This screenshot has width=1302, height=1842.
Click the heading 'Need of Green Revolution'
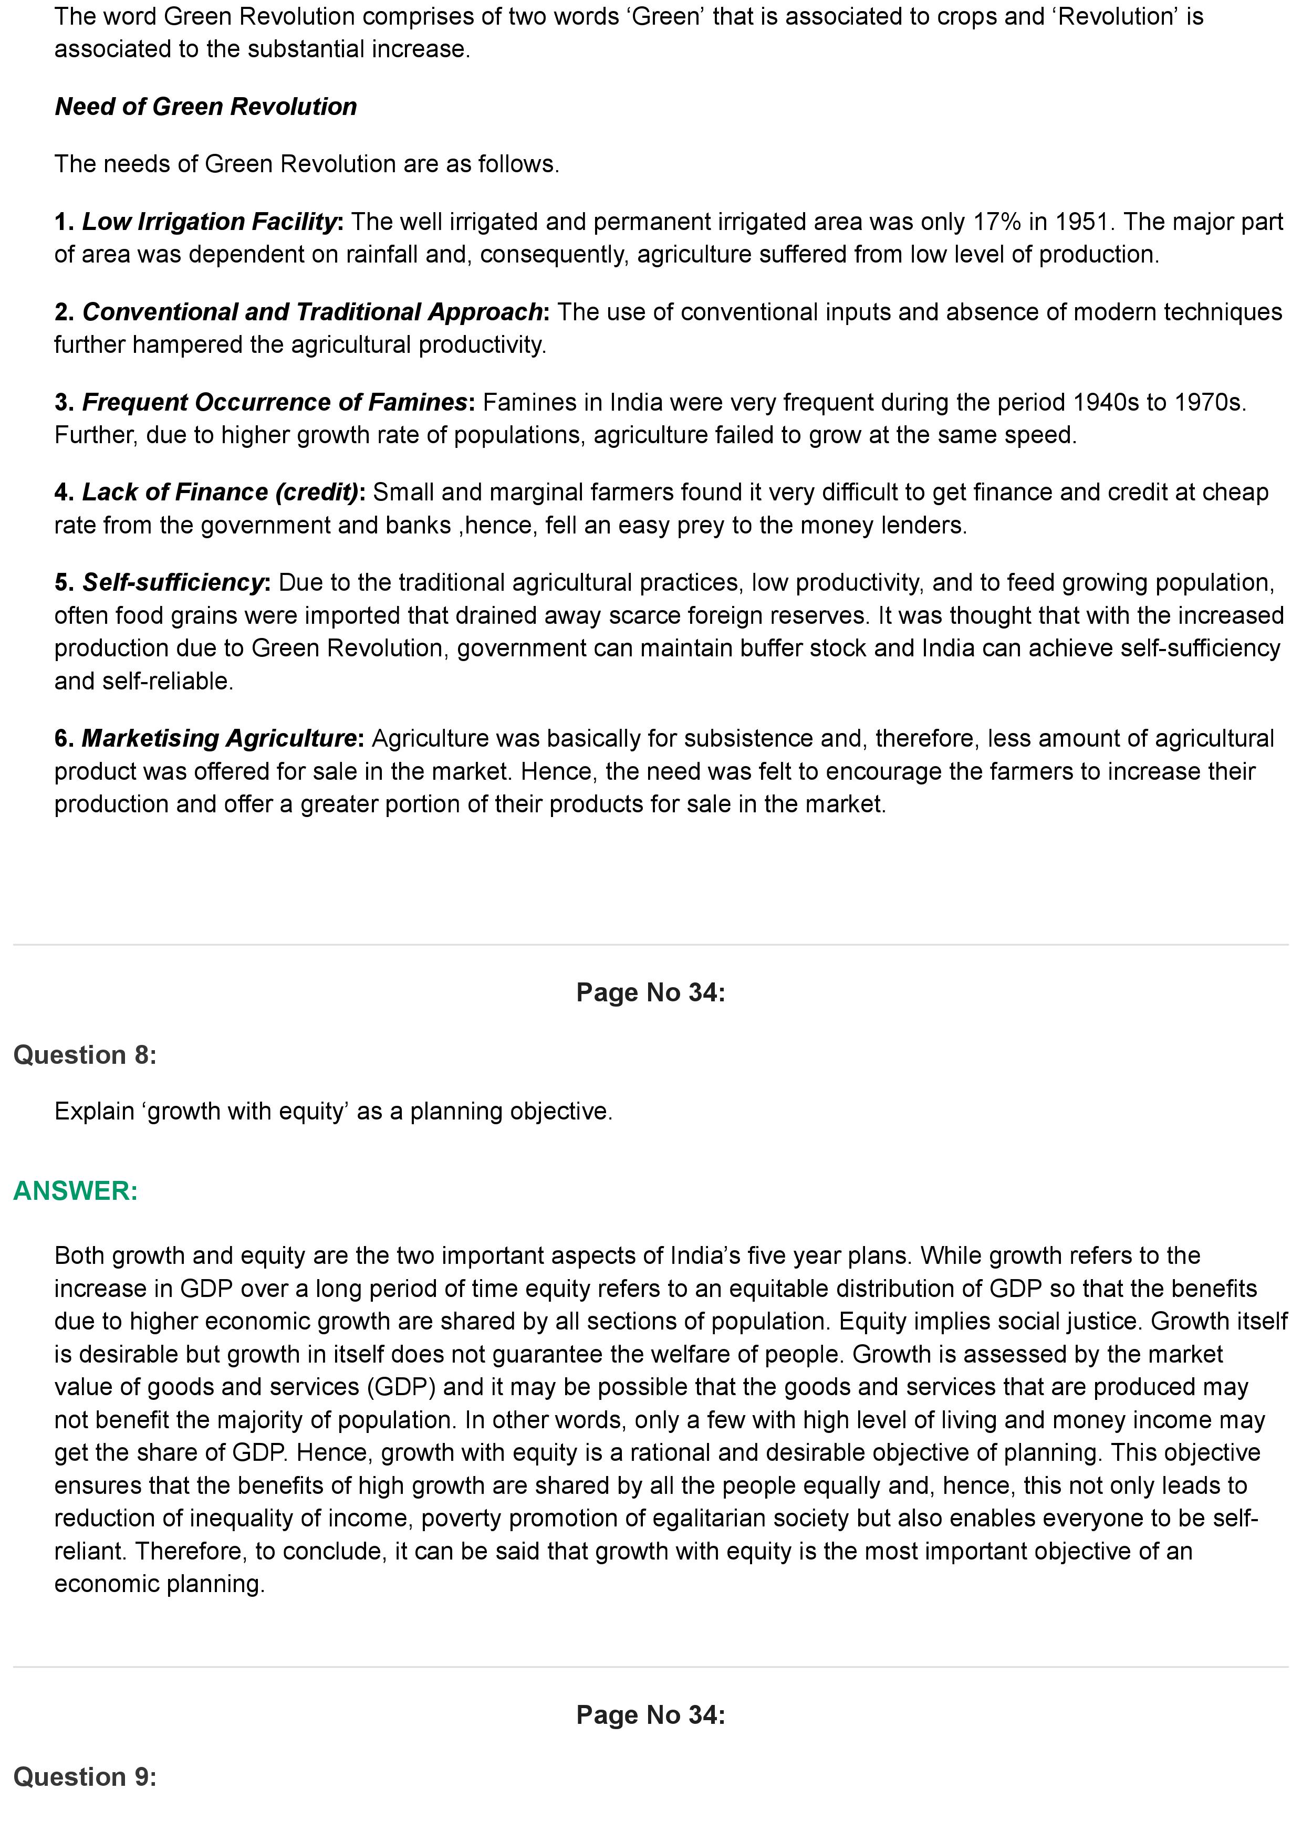[x=205, y=107]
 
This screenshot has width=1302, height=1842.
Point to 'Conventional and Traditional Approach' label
[x=312, y=312]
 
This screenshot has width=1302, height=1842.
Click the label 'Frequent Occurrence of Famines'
[x=274, y=402]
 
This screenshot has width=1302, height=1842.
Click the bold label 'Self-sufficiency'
[x=172, y=582]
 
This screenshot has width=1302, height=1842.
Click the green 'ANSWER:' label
[x=76, y=1190]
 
